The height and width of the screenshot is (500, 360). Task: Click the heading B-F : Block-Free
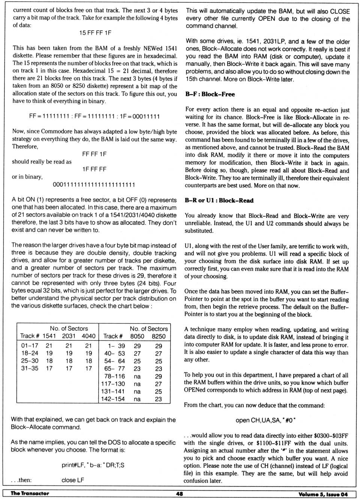tap(210, 94)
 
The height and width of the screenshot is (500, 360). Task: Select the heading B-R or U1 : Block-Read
tap(219, 200)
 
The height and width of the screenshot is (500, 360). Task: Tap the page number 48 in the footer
tap(180, 494)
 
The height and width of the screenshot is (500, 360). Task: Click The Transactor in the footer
tap(30, 494)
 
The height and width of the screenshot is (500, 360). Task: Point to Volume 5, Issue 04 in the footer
tap(323, 494)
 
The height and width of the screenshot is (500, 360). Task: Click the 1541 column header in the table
tap(49, 336)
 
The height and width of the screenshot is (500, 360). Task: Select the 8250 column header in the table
tap(158, 336)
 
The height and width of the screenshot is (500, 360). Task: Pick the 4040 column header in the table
tap(88, 336)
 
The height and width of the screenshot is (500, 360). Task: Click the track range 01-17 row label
tap(30, 346)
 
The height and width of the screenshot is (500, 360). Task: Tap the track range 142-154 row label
tap(113, 399)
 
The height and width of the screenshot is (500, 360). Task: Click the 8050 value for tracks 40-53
tap(137, 354)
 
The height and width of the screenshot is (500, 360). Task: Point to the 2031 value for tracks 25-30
tap(69, 361)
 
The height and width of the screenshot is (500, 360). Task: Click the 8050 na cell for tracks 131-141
tap(137, 392)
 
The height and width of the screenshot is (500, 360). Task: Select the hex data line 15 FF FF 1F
tap(95, 33)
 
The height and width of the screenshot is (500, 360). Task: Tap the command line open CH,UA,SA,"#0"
tap(265, 420)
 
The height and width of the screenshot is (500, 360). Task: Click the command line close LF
tap(73, 480)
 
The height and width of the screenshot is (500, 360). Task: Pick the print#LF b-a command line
tap(93, 465)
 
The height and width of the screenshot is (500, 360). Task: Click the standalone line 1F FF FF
tap(94, 169)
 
